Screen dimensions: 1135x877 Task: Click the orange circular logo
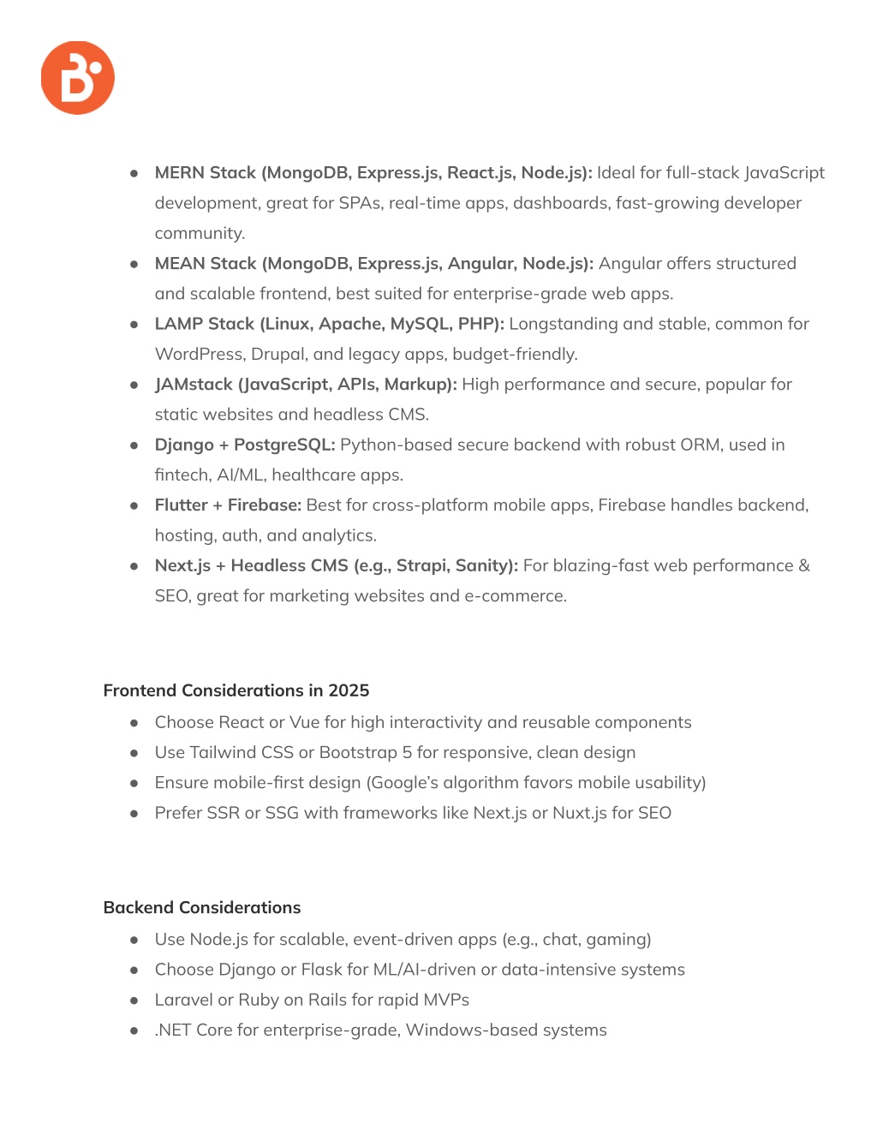(78, 78)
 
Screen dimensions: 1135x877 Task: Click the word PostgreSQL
(284, 445)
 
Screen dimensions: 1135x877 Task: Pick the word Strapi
(421, 565)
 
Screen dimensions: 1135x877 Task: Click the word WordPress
(199, 355)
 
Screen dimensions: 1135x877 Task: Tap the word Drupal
(277, 355)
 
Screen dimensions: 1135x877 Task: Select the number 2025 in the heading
(349, 690)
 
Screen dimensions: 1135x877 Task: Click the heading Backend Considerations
(202, 908)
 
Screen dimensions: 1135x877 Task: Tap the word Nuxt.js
(580, 813)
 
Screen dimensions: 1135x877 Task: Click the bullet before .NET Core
(134, 1030)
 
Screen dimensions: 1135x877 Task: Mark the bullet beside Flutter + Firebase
(134, 505)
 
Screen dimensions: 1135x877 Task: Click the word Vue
(304, 723)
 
